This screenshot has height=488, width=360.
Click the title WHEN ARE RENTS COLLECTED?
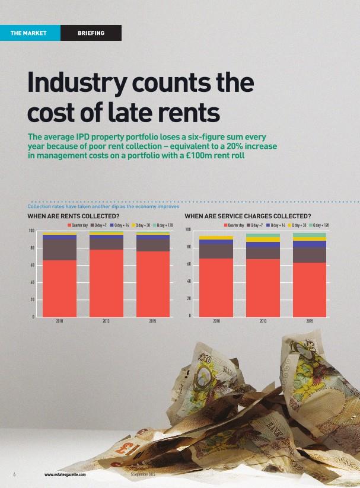74,216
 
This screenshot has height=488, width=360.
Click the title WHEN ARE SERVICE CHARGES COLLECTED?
248,216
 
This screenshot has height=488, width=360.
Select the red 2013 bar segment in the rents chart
106,283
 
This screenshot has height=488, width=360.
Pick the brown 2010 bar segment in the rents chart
59,250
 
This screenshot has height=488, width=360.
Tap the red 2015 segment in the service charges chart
310,289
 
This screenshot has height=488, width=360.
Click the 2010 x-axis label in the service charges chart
216,321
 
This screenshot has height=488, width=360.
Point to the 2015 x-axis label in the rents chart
152,321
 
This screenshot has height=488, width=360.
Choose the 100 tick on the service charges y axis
187,230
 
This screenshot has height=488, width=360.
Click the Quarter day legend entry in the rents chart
78,225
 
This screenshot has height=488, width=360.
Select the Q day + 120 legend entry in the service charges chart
321,225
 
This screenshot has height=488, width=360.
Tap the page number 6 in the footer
14,474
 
